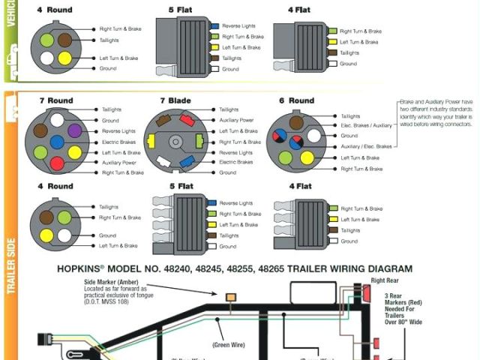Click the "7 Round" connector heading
click(x=56, y=100)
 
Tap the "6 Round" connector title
click(x=296, y=100)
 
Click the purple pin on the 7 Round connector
click(x=75, y=130)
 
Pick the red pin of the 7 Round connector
click(x=56, y=163)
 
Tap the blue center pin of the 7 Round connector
click(x=56, y=141)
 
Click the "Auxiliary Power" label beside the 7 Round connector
click(x=118, y=163)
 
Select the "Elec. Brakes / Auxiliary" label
click(x=366, y=126)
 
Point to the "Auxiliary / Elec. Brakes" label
click(x=366, y=147)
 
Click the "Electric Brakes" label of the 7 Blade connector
click(x=235, y=162)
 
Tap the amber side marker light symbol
click(x=230, y=298)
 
